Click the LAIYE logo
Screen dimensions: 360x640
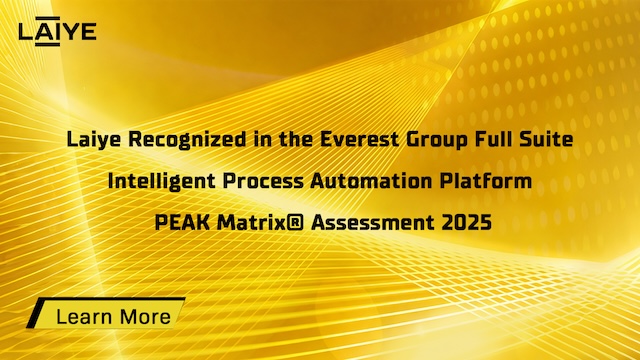pyautogui.click(x=58, y=31)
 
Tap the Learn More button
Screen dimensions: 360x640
pyautogui.click(x=106, y=316)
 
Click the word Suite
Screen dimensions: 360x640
pyautogui.click(x=548, y=140)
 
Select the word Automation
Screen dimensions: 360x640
pyautogui.click(x=377, y=182)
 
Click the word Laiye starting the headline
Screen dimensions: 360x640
pyautogui.click(x=93, y=140)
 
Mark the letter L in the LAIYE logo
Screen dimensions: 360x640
pyautogui.click(x=25, y=31)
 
